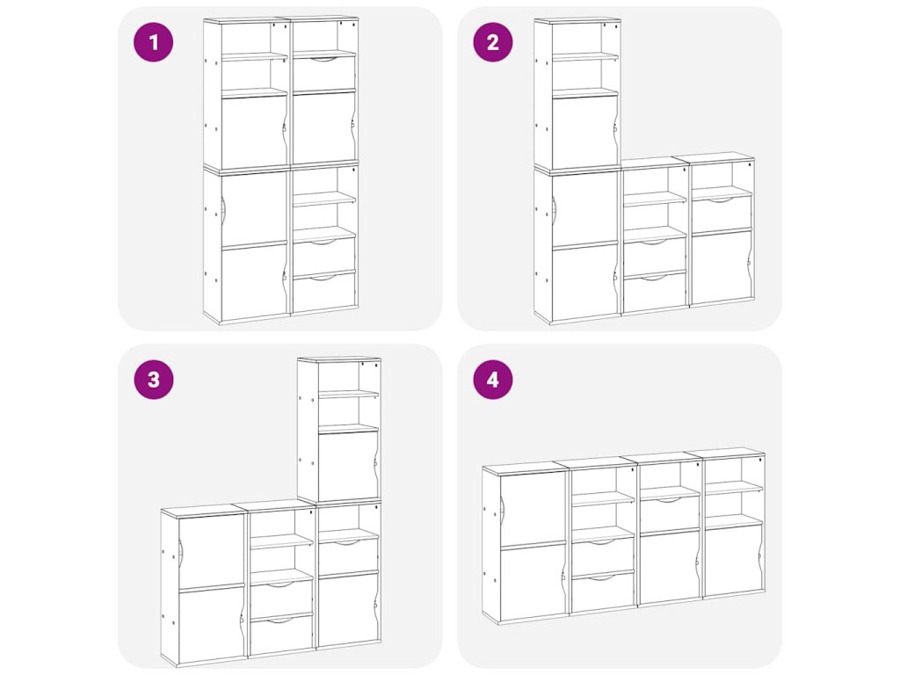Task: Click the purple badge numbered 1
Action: coord(153,42)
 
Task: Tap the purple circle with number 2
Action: coord(492,42)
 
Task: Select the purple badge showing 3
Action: coord(153,380)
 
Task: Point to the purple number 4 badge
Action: coord(492,380)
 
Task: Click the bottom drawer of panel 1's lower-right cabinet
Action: coord(324,292)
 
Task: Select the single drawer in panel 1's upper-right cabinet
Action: coord(324,73)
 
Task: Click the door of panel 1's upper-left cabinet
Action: coord(254,133)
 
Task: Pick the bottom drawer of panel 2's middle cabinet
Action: coord(655,292)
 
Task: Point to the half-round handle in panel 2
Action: coord(555,210)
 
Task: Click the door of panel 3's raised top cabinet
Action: coord(347,466)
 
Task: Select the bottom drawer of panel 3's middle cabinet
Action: coord(281,635)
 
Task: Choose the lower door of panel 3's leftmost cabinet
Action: coord(212,624)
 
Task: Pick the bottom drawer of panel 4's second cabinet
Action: coord(603,592)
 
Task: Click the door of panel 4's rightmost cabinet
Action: coord(734,560)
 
